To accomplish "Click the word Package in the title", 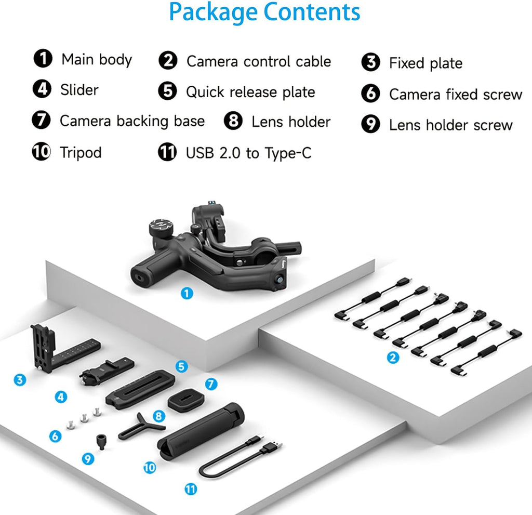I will click(213, 12).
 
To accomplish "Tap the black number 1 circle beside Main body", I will click(42, 58).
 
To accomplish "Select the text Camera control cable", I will click(258, 61).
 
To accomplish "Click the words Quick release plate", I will click(250, 93).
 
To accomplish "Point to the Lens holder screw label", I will click(450, 125).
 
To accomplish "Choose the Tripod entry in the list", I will click(80, 152).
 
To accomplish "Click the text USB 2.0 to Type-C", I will click(248, 153).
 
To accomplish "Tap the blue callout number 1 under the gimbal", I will click(187, 293).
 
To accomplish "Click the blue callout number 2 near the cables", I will click(393, 358).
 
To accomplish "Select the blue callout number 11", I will click(191, 489).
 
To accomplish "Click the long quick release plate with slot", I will click(140, 388).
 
